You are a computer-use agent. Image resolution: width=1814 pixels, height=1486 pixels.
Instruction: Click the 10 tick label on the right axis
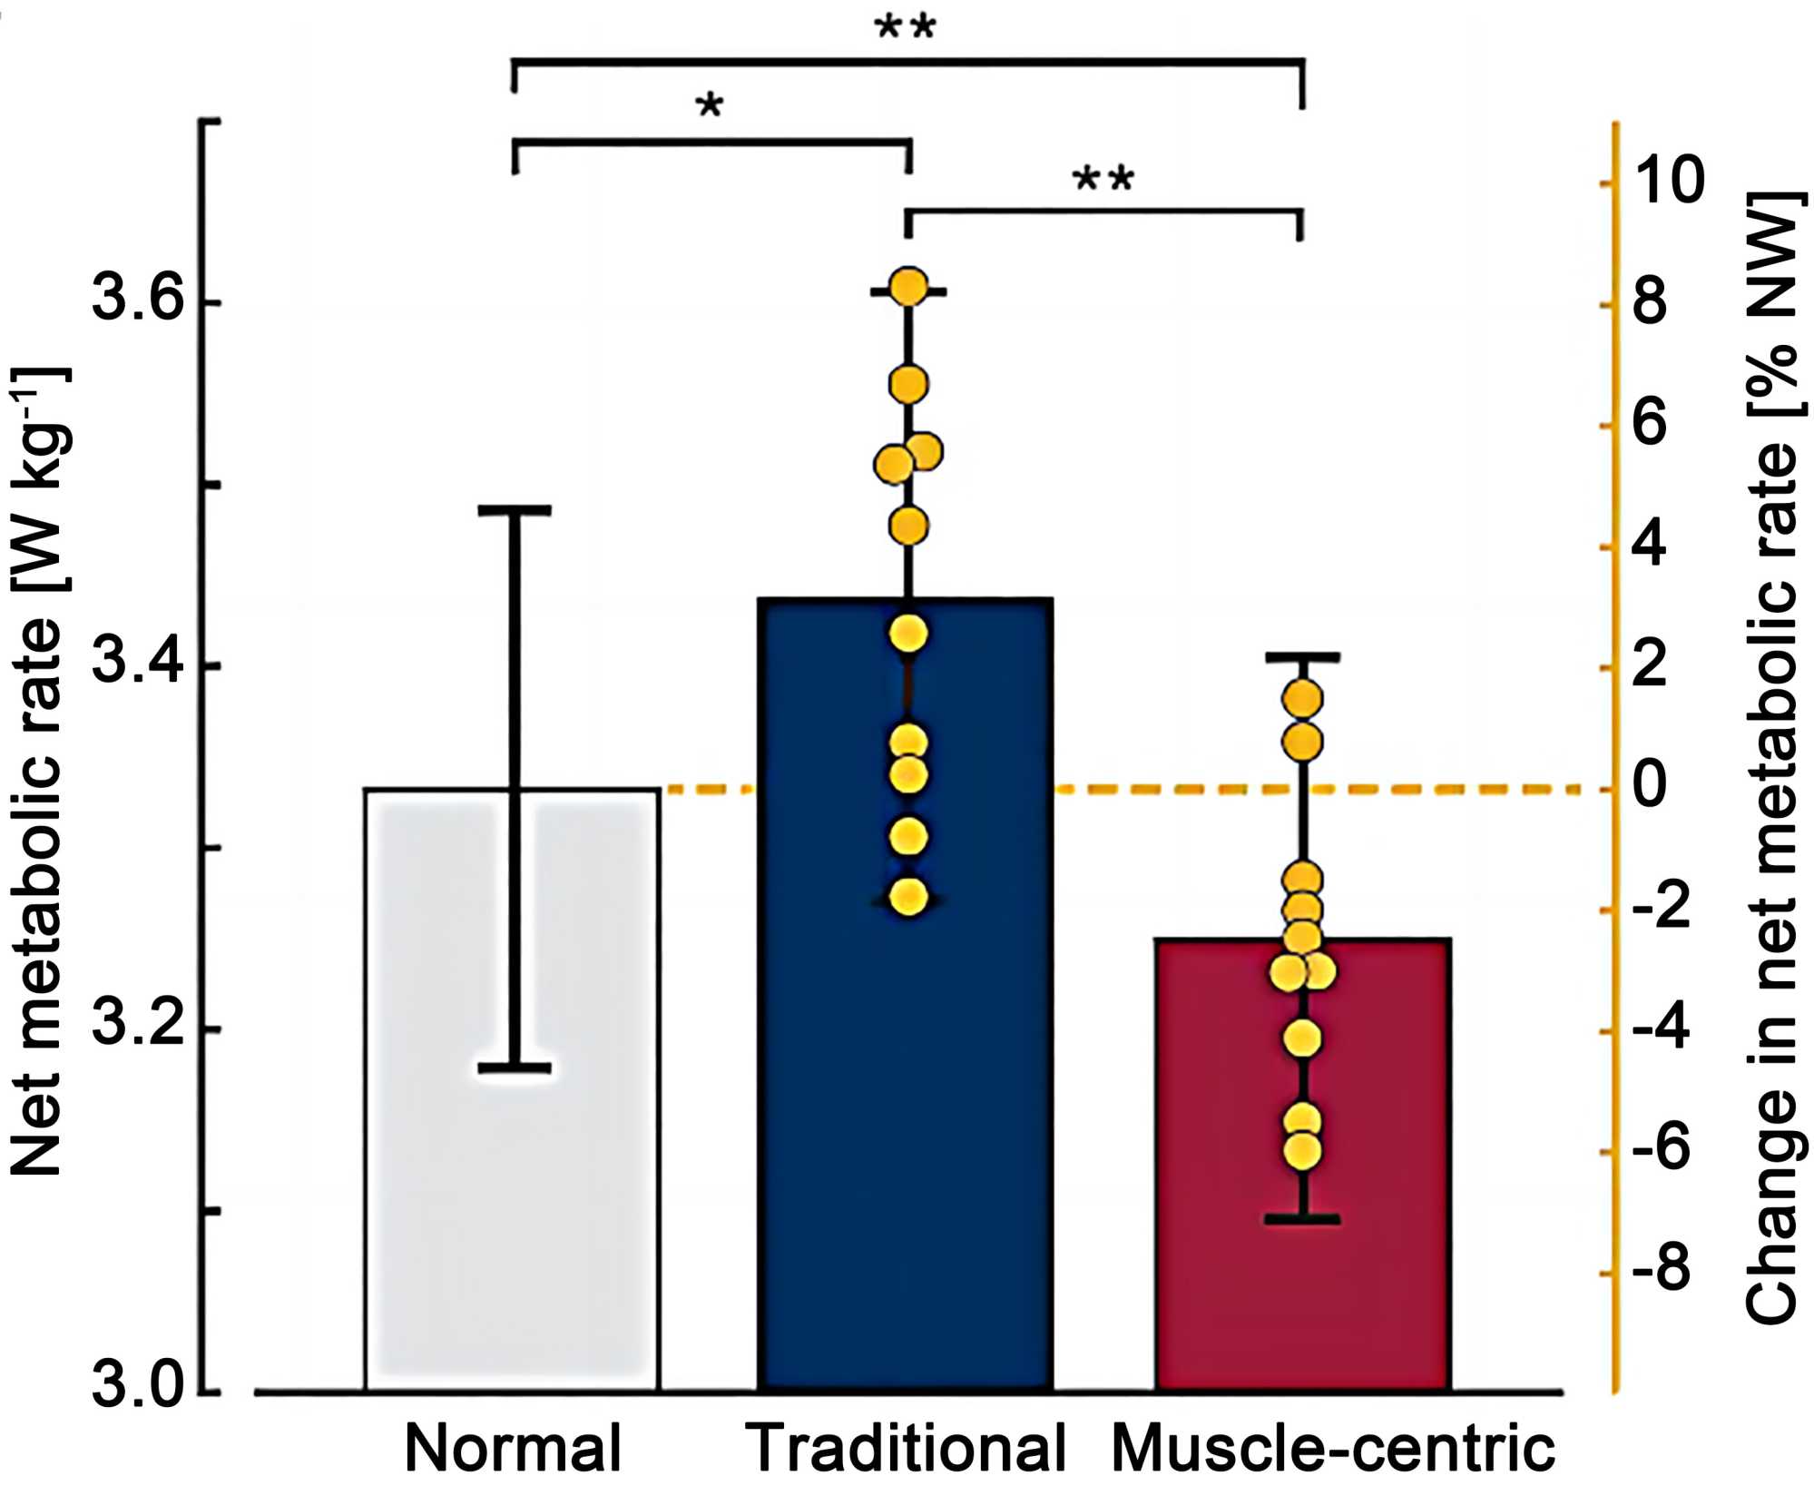tap(1668, 182)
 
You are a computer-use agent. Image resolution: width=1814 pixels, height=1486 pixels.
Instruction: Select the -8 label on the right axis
tap(1661, 1271)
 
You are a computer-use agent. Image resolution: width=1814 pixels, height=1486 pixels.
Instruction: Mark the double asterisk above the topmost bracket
tap(905, 28)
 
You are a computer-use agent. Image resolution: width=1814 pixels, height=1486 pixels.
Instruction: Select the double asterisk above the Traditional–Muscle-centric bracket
tap(1103, 180)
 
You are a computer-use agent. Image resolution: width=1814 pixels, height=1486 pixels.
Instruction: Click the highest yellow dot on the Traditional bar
tap(908, 288)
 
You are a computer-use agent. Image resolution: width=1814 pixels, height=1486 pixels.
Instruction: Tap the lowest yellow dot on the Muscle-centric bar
tap(1302, 1152)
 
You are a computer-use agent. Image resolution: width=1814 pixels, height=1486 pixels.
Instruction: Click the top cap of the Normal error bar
tap(515, 511)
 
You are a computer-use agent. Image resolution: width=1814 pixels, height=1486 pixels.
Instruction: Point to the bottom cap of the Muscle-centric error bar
tap(1302, 1219)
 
